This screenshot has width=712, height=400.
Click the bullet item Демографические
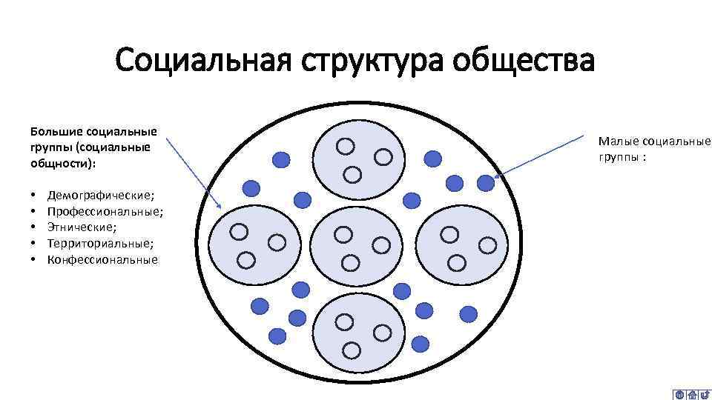coord(101,196)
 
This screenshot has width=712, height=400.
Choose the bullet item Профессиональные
coord(105,212)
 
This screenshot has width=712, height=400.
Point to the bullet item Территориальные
coord(101,244)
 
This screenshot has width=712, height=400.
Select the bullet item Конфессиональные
coord(102,260)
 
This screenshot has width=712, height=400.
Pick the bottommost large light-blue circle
coord(359,333)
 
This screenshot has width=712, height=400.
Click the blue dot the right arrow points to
coord(485,181)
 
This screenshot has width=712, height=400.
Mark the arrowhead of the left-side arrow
coord(220,204)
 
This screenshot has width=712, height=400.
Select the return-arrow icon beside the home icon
coord(705,395)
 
